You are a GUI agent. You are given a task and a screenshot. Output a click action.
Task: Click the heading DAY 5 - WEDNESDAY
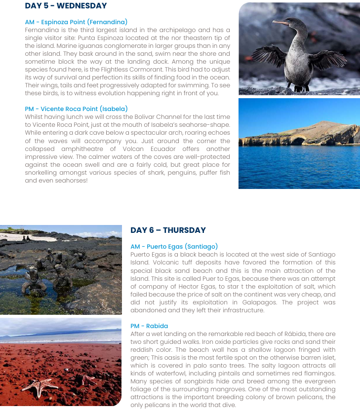pos(66,6)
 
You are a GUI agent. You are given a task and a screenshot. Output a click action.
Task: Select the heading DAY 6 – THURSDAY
pos(168,230)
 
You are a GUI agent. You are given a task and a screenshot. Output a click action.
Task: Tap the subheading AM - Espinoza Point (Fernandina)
pos(76,22)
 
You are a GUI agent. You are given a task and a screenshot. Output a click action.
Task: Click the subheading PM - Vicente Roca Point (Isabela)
pos(76,109)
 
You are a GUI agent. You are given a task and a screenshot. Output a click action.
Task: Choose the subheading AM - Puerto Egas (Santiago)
pos(174,247)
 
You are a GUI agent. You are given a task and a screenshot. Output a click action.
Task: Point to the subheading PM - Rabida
pos(149,326)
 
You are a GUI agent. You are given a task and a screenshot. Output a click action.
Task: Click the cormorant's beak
pos(281,23)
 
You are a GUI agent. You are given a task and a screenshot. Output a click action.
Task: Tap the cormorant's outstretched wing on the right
pos(328,59)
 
